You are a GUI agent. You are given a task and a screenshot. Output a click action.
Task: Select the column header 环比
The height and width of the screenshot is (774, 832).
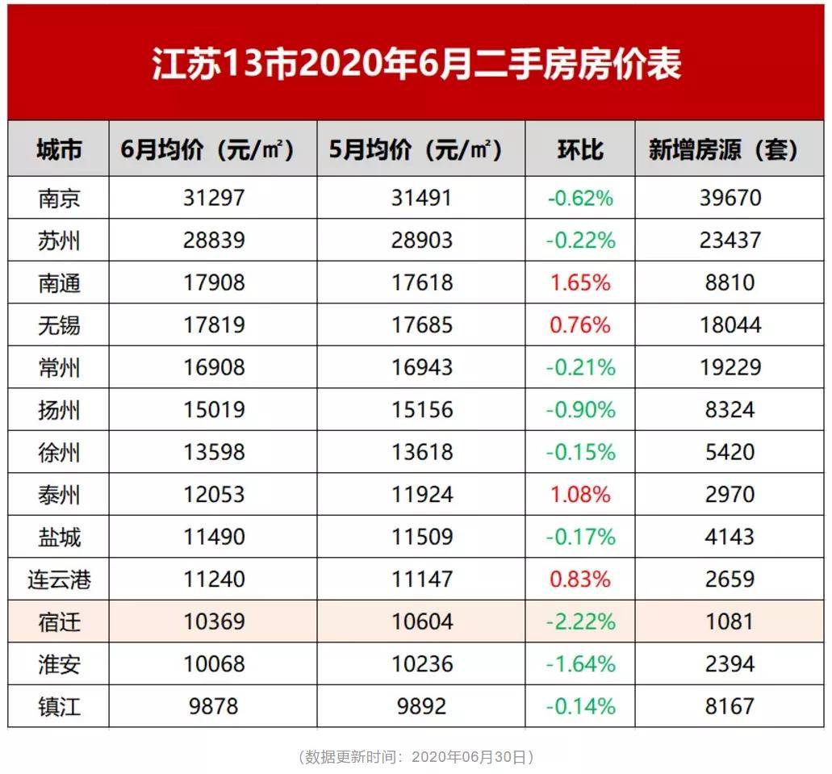click(x=580, y=149)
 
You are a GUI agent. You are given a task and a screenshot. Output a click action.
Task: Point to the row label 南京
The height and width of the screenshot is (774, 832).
click(x=59, y=198)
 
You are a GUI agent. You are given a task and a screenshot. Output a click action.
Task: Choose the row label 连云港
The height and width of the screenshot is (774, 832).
click(x=59, y=579)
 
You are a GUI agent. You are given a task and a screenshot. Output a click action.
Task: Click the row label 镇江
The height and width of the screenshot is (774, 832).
click(x=59, y=707)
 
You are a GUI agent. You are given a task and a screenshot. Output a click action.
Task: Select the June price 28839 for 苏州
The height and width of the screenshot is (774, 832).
click(x=213, y=241)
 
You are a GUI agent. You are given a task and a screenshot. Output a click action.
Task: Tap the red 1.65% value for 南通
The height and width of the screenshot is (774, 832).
click(x=580, y=283)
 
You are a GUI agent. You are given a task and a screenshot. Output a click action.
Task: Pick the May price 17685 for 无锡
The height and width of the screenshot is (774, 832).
click(x=420, y=325)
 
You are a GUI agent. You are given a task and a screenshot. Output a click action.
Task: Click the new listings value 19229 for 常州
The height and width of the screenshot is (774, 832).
click(x=730, y=368)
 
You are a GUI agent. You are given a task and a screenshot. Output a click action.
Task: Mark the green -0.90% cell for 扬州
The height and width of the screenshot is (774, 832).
click(x=580, y=410)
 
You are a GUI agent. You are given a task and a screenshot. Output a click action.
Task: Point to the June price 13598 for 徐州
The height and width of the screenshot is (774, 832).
click(x=213, y=453)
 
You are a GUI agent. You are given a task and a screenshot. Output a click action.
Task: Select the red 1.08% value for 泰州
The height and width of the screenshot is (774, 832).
click(x=580, y=495)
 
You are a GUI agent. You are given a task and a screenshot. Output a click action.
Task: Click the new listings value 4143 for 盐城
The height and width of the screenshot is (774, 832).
click(x=730, y=538)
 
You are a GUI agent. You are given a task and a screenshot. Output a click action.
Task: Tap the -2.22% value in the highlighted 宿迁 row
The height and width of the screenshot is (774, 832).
click(x=580, y=622)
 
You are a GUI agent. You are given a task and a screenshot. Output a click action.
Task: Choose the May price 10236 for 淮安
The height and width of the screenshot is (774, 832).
click(x=420, y=664)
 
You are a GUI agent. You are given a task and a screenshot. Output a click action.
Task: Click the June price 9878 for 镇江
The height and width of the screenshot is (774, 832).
click(x=213, y=707)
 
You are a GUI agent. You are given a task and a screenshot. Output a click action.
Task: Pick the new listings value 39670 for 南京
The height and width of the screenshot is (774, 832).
click(x=730, y=198)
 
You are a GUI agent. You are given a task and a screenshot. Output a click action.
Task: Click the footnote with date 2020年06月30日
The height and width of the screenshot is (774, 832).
click(x=416, y=757)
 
